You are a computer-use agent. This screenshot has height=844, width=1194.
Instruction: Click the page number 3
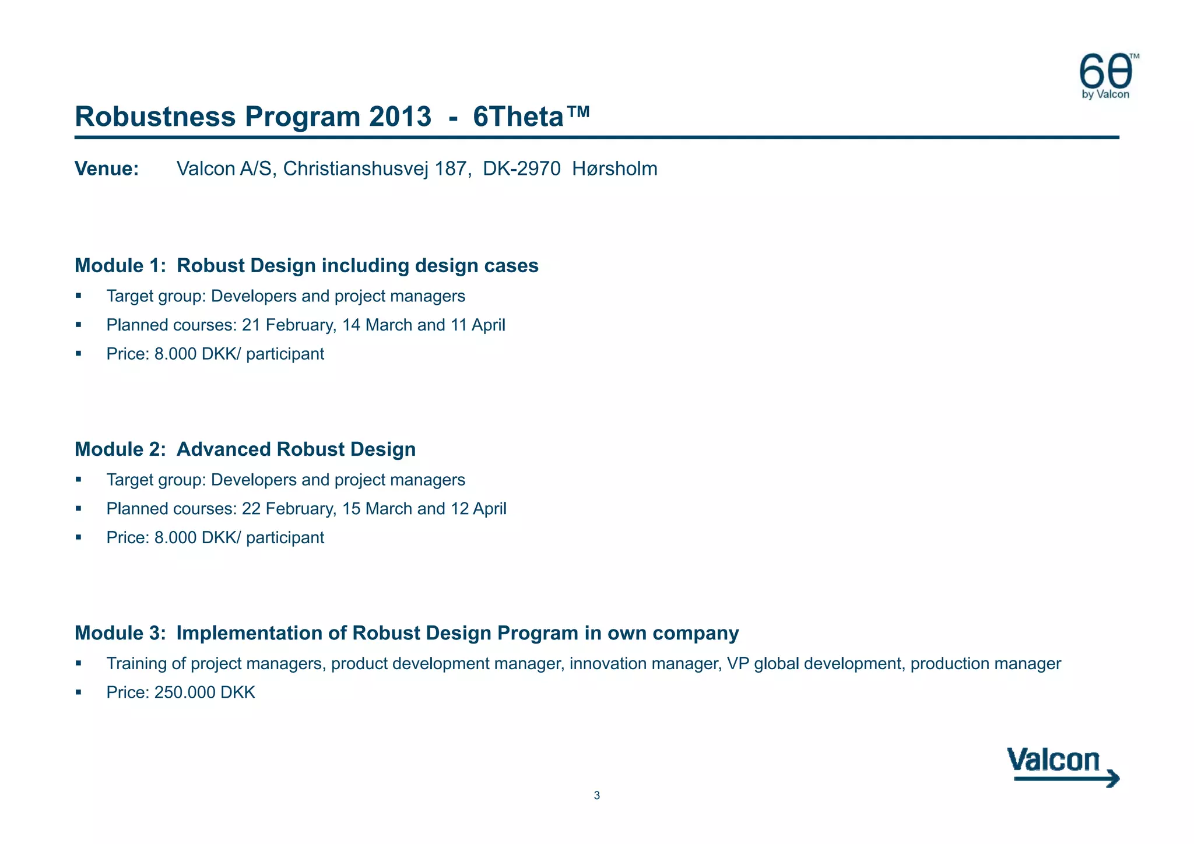[x=596, y=796]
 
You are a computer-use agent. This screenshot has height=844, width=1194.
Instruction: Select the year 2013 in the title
[x=399, y=117]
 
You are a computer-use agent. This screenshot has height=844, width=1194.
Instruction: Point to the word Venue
[x=107, y=169]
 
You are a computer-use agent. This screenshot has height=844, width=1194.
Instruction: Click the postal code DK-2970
[x=522, y=169]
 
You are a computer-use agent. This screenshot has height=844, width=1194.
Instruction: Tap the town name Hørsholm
[x=614, y=169]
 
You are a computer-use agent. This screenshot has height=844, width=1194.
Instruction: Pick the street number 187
[x=451, y=169]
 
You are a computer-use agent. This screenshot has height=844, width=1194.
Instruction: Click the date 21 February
[x=289, y=325]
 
